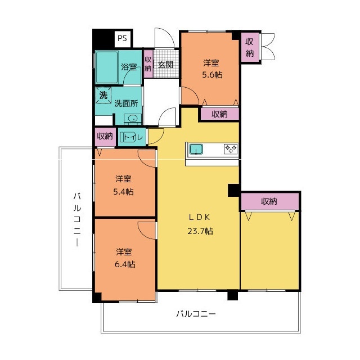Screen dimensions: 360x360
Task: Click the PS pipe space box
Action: [x=122, y=39]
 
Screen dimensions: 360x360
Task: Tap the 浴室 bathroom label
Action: [x=129, y=67]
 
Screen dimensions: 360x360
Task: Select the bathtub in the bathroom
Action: [x=107, y=67]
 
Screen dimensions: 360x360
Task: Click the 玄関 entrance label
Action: [x=165, y=65]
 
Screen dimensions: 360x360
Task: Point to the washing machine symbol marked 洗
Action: [x=103, y=95]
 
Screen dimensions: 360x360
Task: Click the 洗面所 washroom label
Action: [x=126, y=103]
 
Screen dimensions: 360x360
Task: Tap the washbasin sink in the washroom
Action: [x=133, y=119]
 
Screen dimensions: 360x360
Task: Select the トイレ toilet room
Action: [x=132, y=137]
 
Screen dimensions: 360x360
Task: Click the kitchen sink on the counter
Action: [x=196, y=150]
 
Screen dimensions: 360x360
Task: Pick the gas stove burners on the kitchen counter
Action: [x=231, y=149]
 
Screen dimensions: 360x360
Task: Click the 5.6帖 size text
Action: [x=212, y=75]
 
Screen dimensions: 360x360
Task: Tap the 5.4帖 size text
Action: [x=123, y=191]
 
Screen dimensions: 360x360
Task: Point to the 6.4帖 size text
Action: [x=125, y=264]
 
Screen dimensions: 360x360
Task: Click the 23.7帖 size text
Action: [x=200, y=231]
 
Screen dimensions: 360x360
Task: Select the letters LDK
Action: [x=199, y=217]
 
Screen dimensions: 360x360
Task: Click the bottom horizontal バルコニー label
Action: [x=196, y=314]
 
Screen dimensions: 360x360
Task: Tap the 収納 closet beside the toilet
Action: [x=105, y=137]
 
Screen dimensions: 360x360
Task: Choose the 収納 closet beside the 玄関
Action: [x=148, y=64]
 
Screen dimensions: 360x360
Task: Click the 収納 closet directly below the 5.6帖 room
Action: [x=220, y=114]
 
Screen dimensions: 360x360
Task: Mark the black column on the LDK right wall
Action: [x=234, y=190]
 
